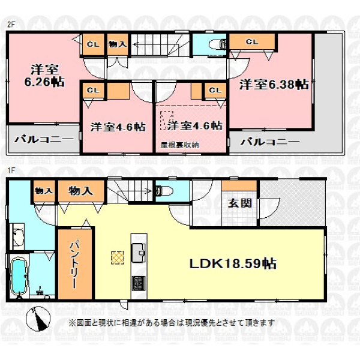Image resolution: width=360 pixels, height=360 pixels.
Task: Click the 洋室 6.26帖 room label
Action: [44, 76]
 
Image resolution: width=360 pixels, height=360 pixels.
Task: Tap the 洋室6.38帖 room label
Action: [274, 85]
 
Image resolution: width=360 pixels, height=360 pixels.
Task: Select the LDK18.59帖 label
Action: [233, 263]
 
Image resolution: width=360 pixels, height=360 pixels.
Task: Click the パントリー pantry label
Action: [74, 263]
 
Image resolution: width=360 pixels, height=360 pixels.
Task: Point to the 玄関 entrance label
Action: [239, 203]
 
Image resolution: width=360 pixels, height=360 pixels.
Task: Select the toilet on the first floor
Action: [164, 190]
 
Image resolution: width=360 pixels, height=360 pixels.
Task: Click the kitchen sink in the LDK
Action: [139, 253]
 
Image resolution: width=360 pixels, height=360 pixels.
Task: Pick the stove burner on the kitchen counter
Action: [139, 283]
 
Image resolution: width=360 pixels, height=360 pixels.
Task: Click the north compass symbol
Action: [38, 319]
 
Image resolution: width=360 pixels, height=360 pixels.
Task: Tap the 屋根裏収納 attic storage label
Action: [179, 145]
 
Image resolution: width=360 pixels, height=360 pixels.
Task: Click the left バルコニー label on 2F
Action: [44, 139]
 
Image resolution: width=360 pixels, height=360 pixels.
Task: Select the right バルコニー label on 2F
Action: [270, 142]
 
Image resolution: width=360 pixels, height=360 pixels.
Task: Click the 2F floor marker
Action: [11, 25]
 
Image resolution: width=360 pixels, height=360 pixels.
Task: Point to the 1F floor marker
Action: [11, 171]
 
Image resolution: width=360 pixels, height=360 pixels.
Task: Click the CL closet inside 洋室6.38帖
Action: [252, 42]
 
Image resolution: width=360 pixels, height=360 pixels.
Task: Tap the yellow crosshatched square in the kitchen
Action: [118, 257]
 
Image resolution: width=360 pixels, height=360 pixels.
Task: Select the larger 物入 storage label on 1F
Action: [80, 191]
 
